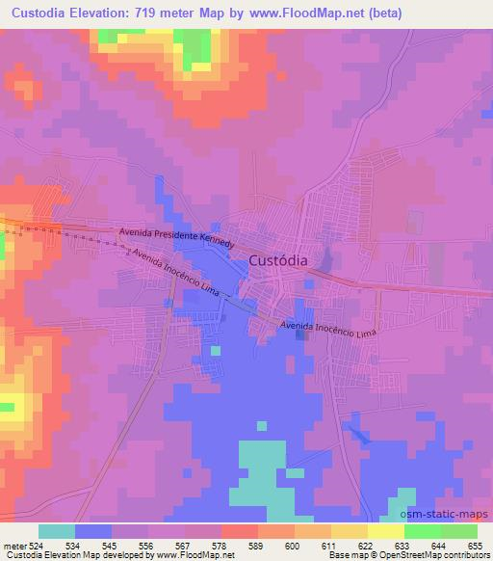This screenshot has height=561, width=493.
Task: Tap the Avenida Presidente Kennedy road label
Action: point(175,236)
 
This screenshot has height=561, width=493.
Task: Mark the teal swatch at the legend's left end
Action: point(56,531)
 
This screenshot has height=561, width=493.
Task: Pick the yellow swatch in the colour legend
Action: point(385,531)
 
